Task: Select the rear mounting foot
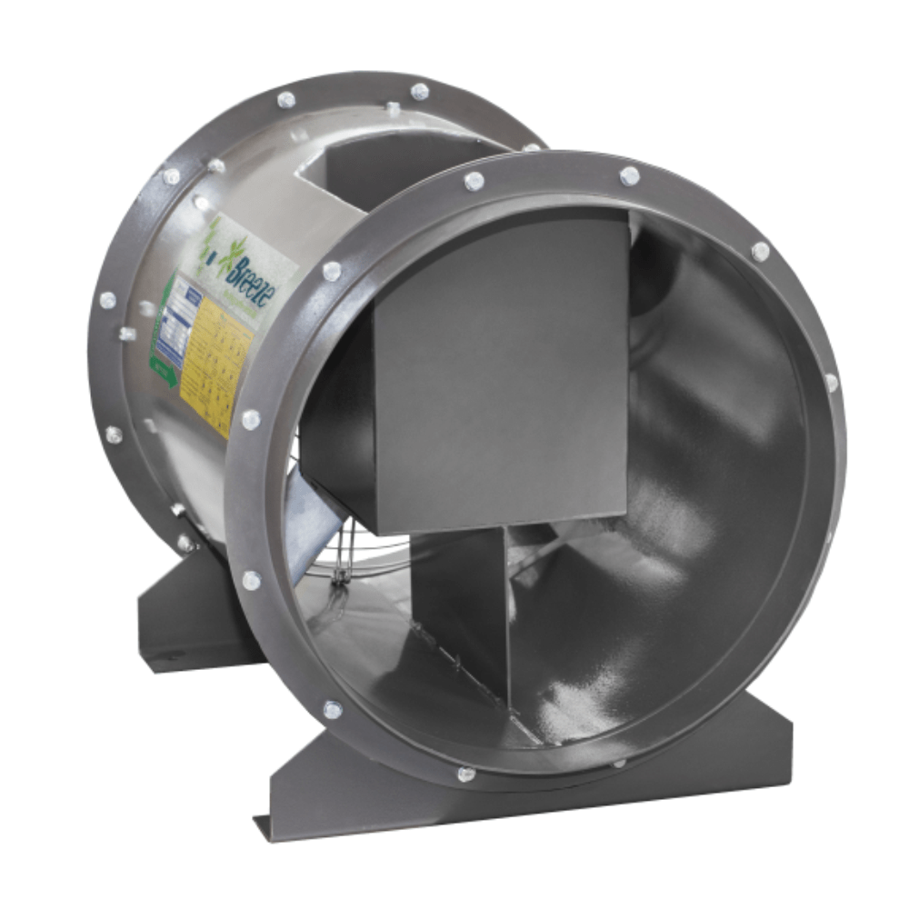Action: pos(191,618)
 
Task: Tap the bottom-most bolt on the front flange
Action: pos(465,774)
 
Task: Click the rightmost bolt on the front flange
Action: pos(830,383)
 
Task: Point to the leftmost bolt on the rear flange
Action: pos(107,300)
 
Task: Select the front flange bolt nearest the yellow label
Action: pos(251,419)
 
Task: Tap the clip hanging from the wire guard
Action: pos(342,582)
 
